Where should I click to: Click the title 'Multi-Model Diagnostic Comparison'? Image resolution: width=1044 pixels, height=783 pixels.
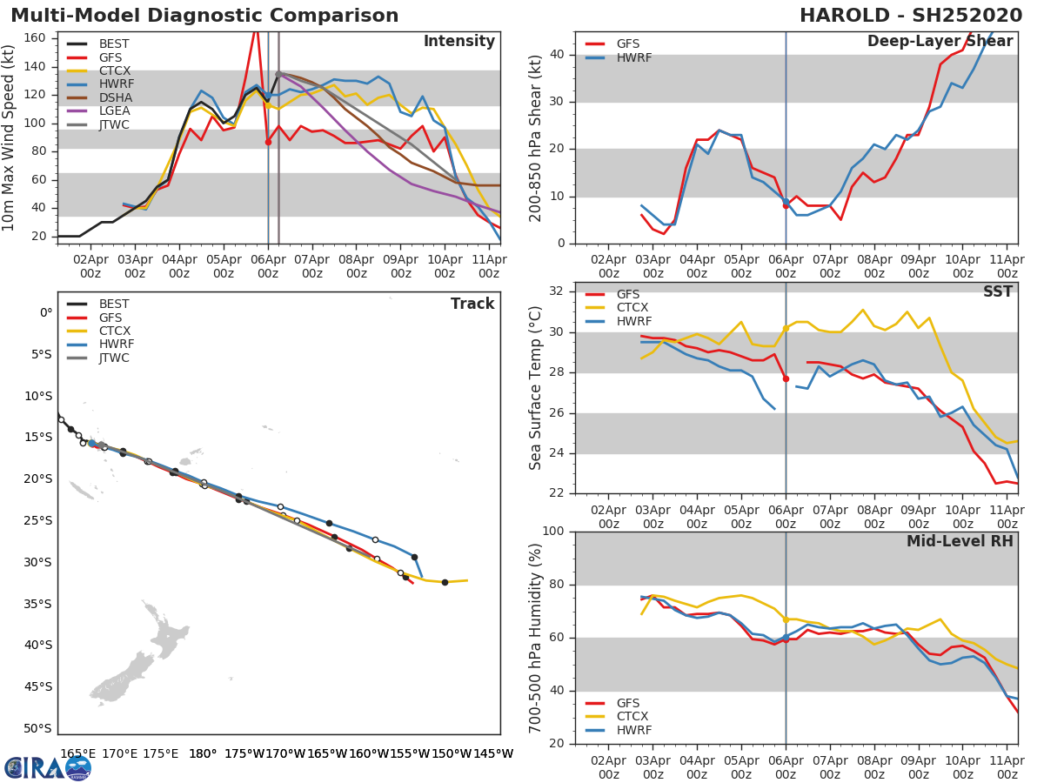[x=204, y=16]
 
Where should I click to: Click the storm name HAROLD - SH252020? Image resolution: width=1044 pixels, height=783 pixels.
[x=911, y=16]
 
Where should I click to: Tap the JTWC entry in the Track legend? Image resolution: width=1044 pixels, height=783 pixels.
[x=114, y=358]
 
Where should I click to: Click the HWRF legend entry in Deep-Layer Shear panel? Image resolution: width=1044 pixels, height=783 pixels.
[x=633, y=57]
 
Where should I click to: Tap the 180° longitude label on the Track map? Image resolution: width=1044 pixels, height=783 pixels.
[x=203, y=753]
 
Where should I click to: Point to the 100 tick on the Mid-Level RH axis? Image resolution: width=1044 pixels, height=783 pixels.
[x=552, y=532]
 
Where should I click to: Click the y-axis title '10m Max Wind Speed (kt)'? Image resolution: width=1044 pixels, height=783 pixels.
[x=10, y=138]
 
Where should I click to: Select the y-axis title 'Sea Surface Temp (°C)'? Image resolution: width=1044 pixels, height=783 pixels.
[x=536, y=388]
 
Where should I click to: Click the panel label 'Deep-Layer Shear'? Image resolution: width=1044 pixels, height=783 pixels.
[x=940, y=42]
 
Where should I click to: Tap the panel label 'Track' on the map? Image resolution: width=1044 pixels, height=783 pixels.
[x=472, y=304]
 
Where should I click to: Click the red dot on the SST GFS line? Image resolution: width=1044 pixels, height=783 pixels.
[x=786, y=378]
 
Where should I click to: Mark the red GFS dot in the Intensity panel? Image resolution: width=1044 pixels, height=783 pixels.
[x=268, y=142]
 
